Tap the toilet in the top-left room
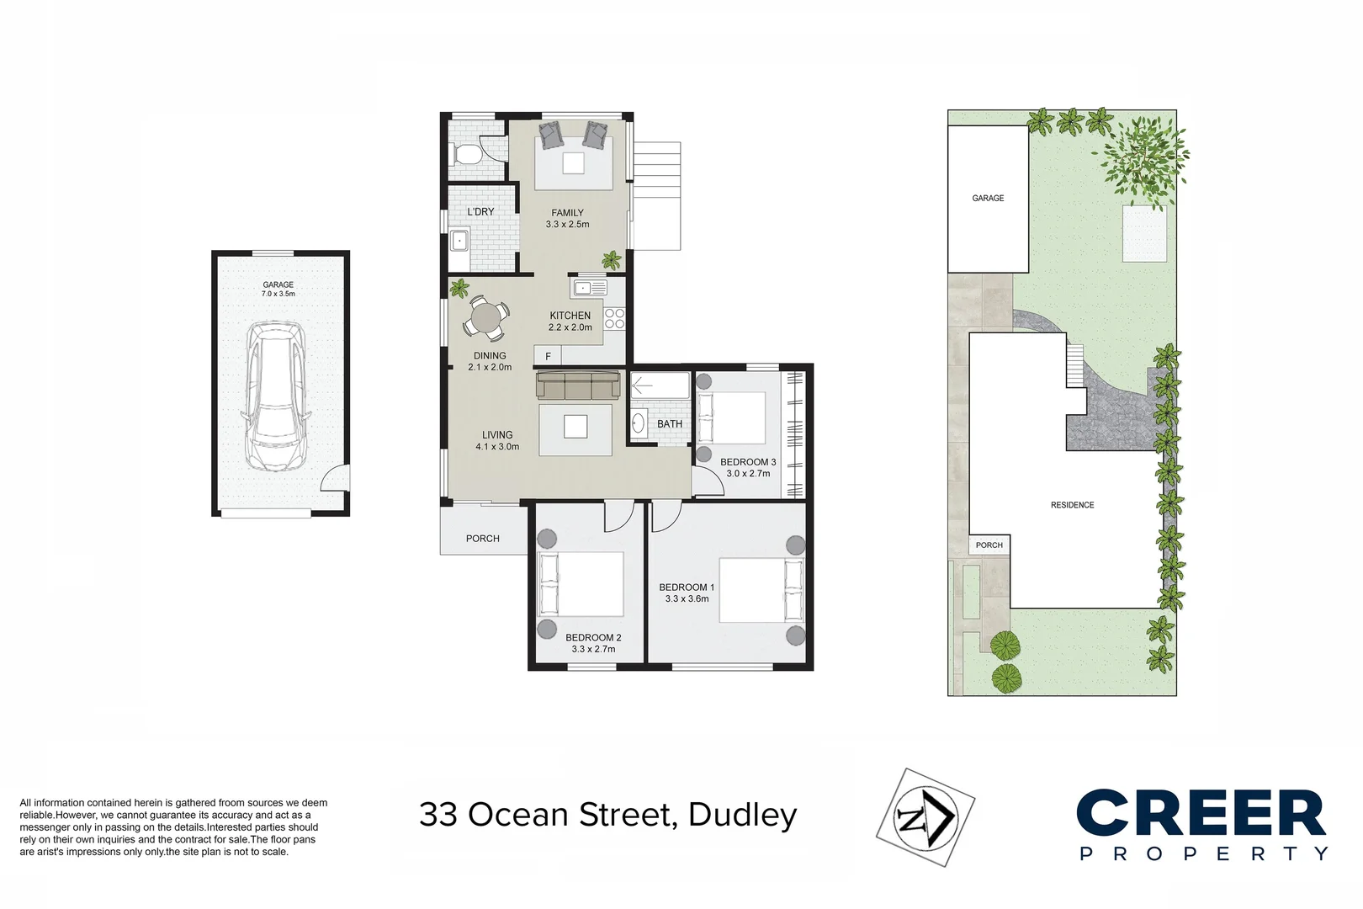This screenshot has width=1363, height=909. (467, 154)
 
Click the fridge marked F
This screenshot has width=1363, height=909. (548, 356)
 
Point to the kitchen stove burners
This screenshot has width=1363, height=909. (615, 318)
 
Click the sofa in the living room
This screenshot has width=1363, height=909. (577, 386)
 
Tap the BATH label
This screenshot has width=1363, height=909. (670, 424)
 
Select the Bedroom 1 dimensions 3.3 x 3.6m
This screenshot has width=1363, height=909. (687, 599)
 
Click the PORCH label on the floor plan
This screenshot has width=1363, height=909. (482, 539)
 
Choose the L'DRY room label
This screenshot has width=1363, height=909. (480, 211)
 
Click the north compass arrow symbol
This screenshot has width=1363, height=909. (925, 817)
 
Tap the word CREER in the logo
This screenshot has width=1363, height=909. (1201, 814)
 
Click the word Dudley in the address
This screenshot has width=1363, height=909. (742, 815)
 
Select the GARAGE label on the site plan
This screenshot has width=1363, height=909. (988, 198)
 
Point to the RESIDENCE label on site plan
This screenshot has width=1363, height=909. (1072, 505)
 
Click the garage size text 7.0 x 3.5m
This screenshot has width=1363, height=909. (278, 294)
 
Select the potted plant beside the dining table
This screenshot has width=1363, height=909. (459, 289)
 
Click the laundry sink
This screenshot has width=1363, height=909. (459, 241)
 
